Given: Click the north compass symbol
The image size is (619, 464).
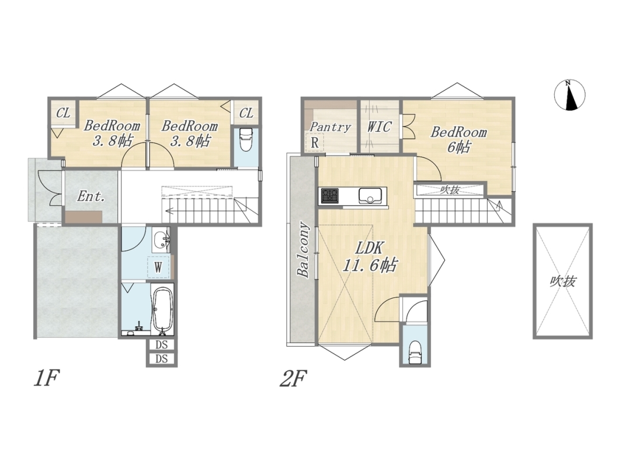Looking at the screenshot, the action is point(569,95).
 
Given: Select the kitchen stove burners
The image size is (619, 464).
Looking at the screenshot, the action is point(329,196).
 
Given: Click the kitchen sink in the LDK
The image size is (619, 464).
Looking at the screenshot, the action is point(370,196).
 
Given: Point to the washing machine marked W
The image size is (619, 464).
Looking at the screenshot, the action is point(158,267).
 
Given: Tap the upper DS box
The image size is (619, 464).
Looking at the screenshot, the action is point(161,345).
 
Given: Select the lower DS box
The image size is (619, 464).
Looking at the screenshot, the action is point(161,359).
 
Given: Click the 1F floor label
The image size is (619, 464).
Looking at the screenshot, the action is point(47,379).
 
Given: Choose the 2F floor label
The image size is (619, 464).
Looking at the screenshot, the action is point(293,379).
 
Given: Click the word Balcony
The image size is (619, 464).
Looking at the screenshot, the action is point(303,250).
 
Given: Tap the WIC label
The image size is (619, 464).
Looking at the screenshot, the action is point(380,127).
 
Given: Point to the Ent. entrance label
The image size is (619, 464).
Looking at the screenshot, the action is point(91,196).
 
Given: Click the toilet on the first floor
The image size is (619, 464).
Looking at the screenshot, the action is point(245,139).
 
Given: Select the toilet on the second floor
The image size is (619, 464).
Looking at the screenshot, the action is point(415,352).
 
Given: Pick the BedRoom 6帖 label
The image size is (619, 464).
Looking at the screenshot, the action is point(458,139).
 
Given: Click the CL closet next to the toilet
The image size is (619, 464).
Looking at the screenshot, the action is point(246,113).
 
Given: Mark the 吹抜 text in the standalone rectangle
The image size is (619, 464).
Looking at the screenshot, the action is point(564,281).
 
